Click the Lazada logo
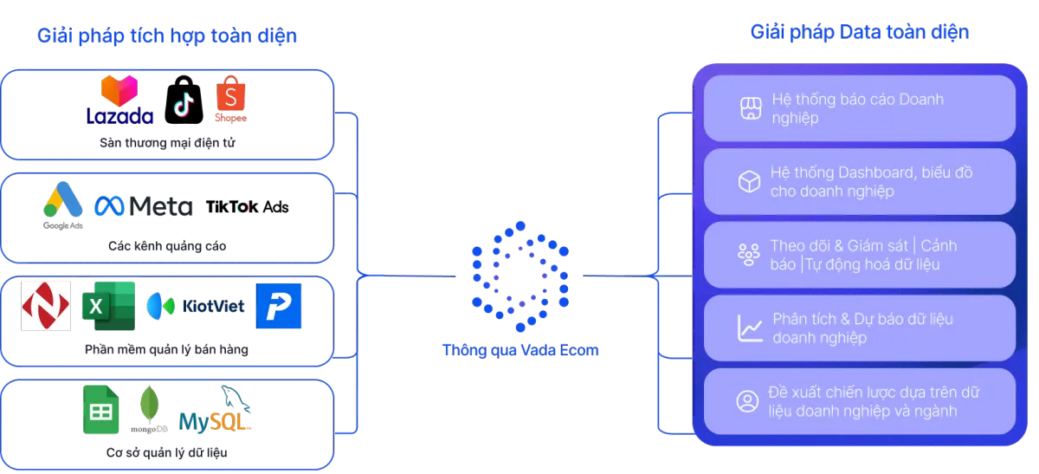point(119,101)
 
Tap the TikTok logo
point(183,104)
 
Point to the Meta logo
point(143,206)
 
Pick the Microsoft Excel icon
point(108,306)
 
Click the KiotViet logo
point(196,306)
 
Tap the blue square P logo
point(280,306)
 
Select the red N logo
point(46,306)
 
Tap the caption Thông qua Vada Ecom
point(520,351)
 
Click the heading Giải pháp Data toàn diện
point(859,33)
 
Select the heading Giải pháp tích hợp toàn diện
point(166,36)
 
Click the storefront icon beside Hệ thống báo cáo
point(748,108)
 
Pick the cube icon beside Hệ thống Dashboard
point(748,181)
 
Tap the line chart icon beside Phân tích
point(748,328)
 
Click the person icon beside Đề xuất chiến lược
point(746,401)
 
